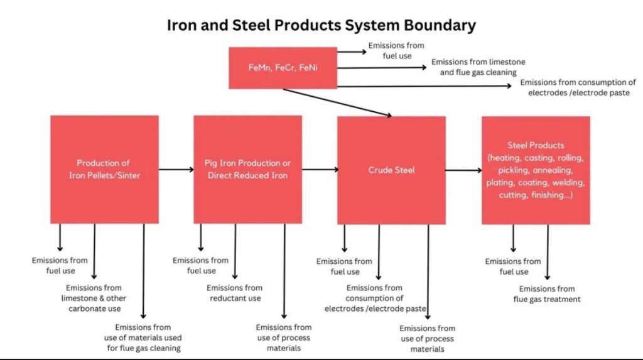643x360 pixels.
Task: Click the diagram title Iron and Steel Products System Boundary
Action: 321,26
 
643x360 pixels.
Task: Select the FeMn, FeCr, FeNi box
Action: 283,67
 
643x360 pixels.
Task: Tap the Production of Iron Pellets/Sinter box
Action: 104,170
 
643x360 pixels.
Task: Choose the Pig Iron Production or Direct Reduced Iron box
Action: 247,170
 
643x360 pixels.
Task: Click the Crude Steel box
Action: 391,170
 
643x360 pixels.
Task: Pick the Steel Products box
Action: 536,170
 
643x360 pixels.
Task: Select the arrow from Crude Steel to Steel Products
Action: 463,170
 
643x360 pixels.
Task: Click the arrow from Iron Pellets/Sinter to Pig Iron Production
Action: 176,170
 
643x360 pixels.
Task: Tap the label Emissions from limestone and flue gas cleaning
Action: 478,67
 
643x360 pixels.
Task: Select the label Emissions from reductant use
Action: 235,293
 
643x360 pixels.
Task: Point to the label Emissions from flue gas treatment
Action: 547,294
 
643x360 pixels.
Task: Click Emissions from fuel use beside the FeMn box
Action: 396,50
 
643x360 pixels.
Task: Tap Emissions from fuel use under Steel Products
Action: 513,266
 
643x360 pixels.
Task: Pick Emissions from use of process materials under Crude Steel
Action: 427,339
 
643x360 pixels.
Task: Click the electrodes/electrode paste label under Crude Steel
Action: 376,298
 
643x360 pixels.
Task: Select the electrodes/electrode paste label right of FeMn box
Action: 578,87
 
